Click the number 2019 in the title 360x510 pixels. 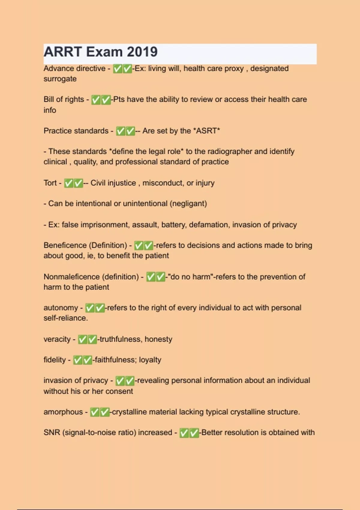pos(142,52)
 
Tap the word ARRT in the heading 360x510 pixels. pos(63,52)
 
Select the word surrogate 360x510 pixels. pos(60,79)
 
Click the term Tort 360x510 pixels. pos(50,183)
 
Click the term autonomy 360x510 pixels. pos(61,308)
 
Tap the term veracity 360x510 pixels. pos(57,339)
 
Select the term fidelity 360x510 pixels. pos(55,360)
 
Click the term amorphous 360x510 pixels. pos(63,412)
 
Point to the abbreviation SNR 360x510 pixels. pos(52,433)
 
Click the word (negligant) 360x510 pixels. pos(188,204)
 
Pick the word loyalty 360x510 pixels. pos(150,360)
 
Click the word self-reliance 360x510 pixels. pos(65,318)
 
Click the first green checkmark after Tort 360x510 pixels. pos(69,183)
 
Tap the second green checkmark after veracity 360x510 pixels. pos(92,340)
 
